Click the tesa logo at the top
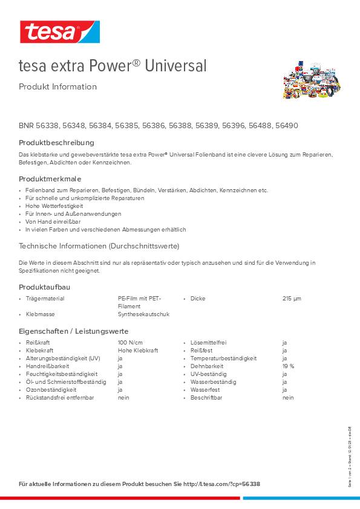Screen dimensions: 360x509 point(59,32)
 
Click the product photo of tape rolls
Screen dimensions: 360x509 point(312,80)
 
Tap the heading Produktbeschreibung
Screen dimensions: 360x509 point(56,143)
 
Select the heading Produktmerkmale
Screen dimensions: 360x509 point(50,179)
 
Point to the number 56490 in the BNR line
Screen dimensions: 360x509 point(286,126)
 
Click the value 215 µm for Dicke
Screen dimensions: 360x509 point(292,299)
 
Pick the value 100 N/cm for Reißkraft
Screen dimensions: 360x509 point(131,343)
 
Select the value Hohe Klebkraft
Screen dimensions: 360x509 point(138,351)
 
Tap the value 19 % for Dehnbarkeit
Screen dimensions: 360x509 point(288,366)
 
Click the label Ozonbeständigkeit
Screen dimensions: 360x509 point(51,390)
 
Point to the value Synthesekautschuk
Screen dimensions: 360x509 point(143,314)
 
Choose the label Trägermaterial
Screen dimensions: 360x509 point(45,299)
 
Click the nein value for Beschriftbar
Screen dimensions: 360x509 point(288,398)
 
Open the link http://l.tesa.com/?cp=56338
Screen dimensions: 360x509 point(221,484)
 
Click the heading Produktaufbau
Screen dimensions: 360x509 point(45,287)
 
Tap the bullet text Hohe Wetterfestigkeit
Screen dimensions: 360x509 point(54,206)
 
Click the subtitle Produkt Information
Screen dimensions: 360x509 point(57,86)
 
